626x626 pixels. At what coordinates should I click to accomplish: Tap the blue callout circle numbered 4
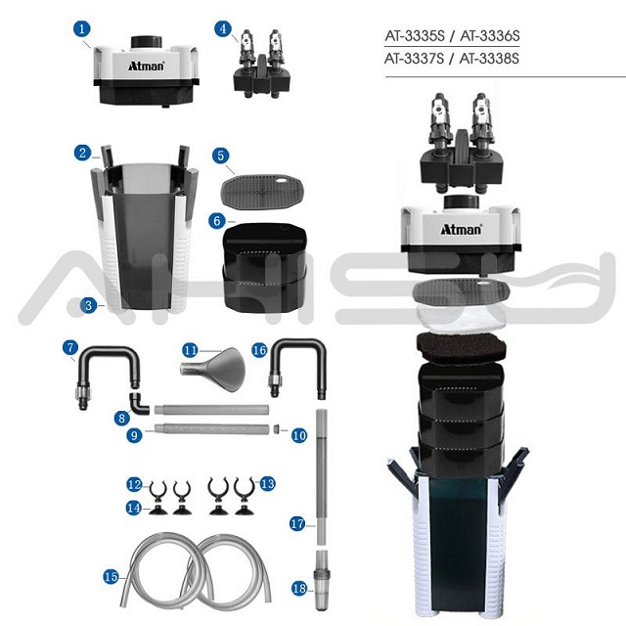point(224,29)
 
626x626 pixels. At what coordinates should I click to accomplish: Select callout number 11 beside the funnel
point(191,349)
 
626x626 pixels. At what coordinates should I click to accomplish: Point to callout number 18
point(298,588)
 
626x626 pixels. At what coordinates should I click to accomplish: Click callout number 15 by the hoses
point(111,576)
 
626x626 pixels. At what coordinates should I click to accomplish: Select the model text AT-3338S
point(486,59)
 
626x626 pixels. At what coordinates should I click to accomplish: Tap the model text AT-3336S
point(486,37)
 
